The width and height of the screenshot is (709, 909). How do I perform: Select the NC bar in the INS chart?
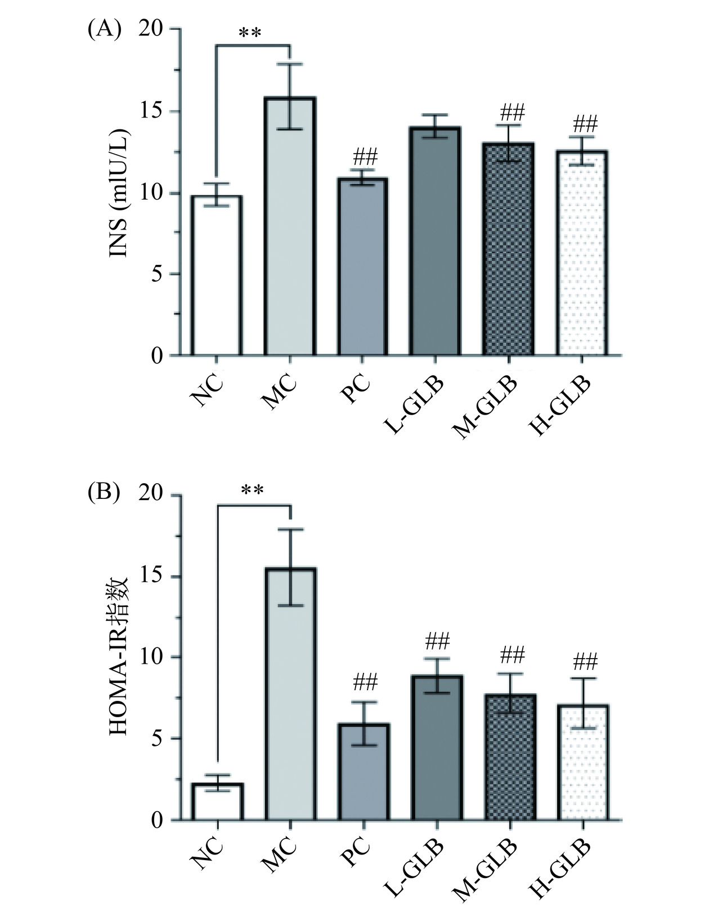click(x=217, y=276)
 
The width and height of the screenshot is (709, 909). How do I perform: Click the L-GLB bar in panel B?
click(x=437, y=748)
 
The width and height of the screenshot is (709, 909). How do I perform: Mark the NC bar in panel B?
click(x=217, y=802)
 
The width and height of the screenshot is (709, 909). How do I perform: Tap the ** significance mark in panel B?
click(x=252, y=491)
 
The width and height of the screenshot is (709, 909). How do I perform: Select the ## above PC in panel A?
click(x=365, y=156)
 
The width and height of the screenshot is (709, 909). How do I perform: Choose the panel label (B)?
click(x=104, y=494)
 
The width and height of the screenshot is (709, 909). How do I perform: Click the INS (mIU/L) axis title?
click(x=119, y=193)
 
